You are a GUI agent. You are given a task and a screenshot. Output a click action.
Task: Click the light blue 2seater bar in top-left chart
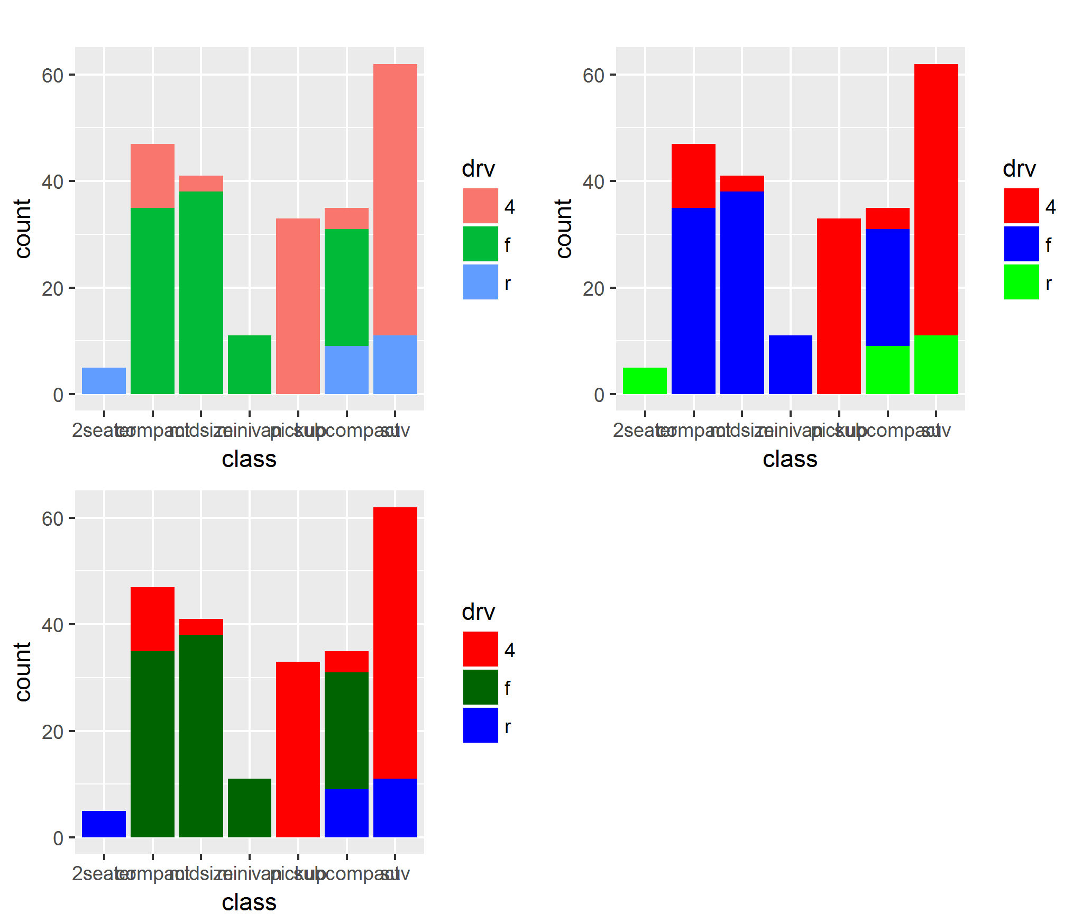tap(104, 380)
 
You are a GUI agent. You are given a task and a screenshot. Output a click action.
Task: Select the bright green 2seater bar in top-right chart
tap(645, 380)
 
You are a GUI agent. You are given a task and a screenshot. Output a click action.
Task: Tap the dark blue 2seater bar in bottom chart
tap(104, 824)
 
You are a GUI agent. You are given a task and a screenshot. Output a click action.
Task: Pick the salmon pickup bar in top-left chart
tap(298, 306)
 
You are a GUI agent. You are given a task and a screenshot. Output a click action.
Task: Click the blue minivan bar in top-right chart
tap(790, 364)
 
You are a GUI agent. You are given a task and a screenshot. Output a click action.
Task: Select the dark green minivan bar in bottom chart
tap(249, 808)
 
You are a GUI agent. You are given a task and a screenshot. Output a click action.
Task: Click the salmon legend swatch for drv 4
tap(480, 205)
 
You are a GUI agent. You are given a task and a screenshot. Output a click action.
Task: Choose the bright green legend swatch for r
tap(1021, 282)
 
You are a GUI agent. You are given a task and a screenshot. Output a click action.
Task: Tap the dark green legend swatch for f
tap(480, 687)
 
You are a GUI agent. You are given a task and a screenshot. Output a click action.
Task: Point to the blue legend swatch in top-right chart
tap(1021, 243)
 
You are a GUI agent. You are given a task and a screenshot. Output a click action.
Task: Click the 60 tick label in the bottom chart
tap(52, 519)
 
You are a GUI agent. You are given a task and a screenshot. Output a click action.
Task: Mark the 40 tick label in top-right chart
tap(593, 182)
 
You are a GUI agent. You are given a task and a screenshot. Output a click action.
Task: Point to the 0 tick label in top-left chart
tap(58, 395)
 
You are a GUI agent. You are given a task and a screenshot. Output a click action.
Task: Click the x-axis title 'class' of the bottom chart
tap(249, 902)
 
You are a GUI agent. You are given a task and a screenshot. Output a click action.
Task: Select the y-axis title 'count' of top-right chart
tap(564, 229)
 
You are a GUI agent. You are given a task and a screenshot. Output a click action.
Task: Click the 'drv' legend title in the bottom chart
tap(478, 612)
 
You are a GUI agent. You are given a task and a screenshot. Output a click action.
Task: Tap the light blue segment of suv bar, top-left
tap(395, 364)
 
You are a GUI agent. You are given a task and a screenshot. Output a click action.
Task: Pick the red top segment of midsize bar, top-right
tap(741, 183)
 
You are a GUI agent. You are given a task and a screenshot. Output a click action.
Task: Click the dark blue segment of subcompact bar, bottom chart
tap(346, 813)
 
